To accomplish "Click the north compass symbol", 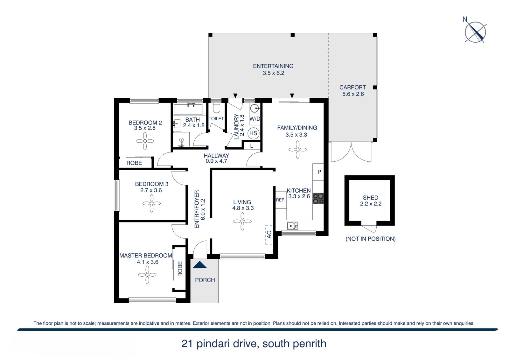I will pyautogui.click(x=475, y=32).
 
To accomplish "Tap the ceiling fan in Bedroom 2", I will pyautogui.click(x=145, y=141).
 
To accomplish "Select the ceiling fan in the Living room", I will pyautogui.click(x=242, y=221).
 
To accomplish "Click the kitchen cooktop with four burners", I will pyautogui.click(x=318, y=199).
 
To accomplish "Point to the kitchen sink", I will pyautogui.click(x=292, y=226).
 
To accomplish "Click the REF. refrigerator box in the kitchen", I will pyautogui.click(x=281, y=200).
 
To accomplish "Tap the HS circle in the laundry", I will pyautogui.click(x=253, y=133).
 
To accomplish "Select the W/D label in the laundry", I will pyautogui.click(x=254, y=119).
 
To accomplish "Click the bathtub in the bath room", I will pyautogui.click(x=188, y=109).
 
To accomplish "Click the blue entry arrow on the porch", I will pyautogui.click(x=200, y=265).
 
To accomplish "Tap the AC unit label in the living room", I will pyautogui.click(x=269, y=235).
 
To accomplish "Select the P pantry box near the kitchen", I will pyautogui.click(x=319, y=172).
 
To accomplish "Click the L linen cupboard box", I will pyautogui.click(x=252, y=146).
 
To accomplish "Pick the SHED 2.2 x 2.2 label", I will pyautogui.click(x=371, y=201).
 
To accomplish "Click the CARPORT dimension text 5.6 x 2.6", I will pyautogui.click(x=353, y=94).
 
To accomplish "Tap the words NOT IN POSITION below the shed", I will pyautogui.click(x=370, y=239).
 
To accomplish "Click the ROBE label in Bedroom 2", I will pyautogui.click(x=134, y=163).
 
